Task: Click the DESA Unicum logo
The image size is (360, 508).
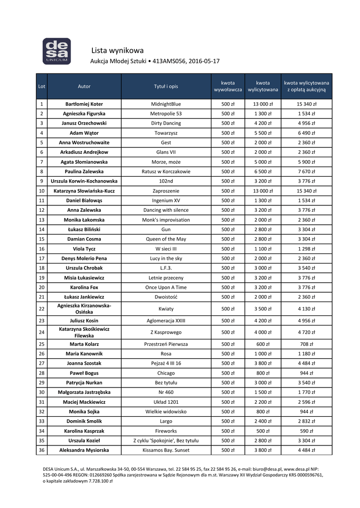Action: point(56,51)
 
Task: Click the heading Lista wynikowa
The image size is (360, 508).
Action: point(118,50)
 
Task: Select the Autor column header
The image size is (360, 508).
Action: point(84,86)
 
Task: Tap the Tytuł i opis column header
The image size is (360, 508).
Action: point(166,86)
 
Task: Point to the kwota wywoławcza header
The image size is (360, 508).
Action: point(228,86)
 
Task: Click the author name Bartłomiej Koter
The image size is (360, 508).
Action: point(84,104)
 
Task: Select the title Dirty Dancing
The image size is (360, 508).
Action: point(166,124)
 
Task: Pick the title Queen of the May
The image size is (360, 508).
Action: point(166,239)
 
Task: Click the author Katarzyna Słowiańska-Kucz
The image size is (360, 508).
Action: point(84,191)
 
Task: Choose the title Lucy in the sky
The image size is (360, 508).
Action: point(166,258)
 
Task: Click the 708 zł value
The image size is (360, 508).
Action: point(306,344)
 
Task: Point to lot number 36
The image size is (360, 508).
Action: point(42,450)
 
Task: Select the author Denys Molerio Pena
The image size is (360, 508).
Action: point(84,258)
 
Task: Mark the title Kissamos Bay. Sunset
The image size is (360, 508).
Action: point(166,450)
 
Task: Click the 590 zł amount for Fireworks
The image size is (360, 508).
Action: point(306,431)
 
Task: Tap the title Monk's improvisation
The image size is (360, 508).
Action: point(166,220)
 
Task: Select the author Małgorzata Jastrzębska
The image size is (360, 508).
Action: point(84,392)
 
